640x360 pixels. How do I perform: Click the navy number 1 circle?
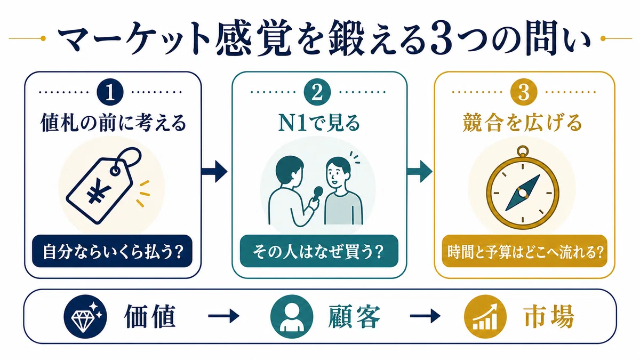(110, 92)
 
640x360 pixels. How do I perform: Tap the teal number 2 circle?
(317, 92)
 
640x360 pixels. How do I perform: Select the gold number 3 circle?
(524, 92)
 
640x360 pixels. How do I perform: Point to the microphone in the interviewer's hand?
(318, 193)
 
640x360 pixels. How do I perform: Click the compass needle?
(523, 193)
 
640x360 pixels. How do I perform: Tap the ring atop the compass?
(523, 150)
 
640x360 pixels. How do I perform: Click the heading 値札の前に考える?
(114, 123)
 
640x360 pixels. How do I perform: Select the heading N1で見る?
(319, 123)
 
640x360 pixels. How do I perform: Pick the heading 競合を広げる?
(522, 123)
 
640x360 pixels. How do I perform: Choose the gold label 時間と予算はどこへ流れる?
(525, 251)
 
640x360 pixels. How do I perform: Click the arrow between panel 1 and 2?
(214, 171)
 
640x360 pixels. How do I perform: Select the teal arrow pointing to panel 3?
(420, 171)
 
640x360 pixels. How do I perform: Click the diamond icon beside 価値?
(85, 317)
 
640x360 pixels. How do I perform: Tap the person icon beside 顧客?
(291, 317)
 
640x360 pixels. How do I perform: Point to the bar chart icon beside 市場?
(485, 317)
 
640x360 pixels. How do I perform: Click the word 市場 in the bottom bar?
(548, 316)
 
